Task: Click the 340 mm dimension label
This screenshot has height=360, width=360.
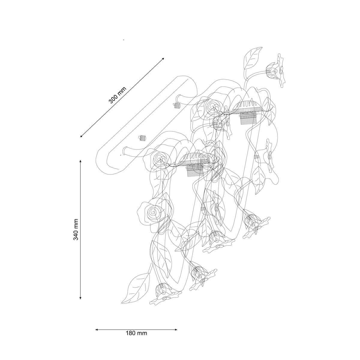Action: [x=76, y=229]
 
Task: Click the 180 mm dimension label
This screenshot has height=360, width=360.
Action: [x=136, y=333]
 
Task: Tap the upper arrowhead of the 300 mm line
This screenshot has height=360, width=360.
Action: [x=163, y=59]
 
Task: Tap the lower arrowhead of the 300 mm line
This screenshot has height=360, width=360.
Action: [x=82, y=136]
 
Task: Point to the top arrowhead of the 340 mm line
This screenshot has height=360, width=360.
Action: [x=80, y=161]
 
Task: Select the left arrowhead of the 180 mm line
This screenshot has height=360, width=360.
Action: [x=97, y=330]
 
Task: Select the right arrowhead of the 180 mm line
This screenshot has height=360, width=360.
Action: [x=175, y=330]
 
